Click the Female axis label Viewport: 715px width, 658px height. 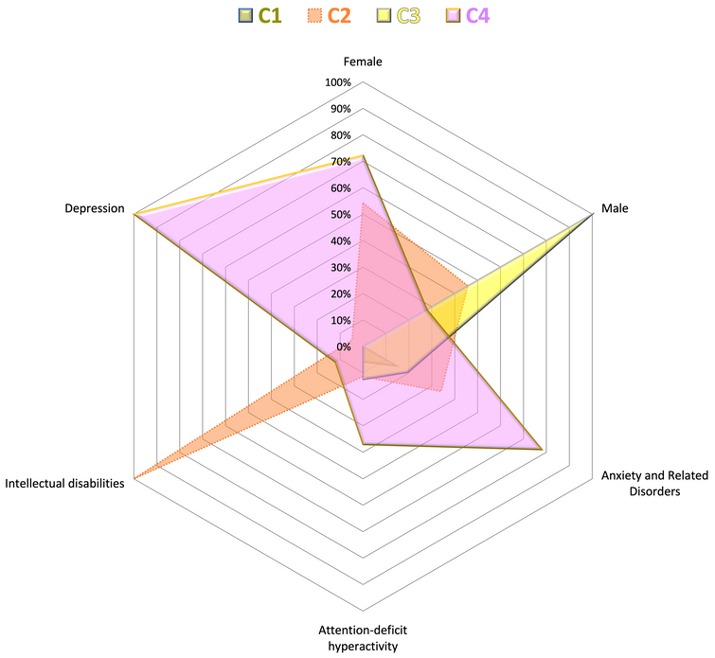[x=363, y=62]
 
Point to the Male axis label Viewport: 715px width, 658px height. [x=617, y=208]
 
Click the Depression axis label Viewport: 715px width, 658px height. [x=95, y=208]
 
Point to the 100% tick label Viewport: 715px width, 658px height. [x=338, y=82]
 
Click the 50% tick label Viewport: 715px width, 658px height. [x=338, y=215]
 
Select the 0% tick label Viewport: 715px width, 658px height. [x=343, y=347]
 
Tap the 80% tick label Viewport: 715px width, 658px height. [x=338, y=135]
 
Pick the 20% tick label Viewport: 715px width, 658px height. [x=338, y=293]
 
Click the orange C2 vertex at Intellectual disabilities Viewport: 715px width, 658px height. [x=135, y=477]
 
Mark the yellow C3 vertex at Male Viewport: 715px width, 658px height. [x=591, y=215]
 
